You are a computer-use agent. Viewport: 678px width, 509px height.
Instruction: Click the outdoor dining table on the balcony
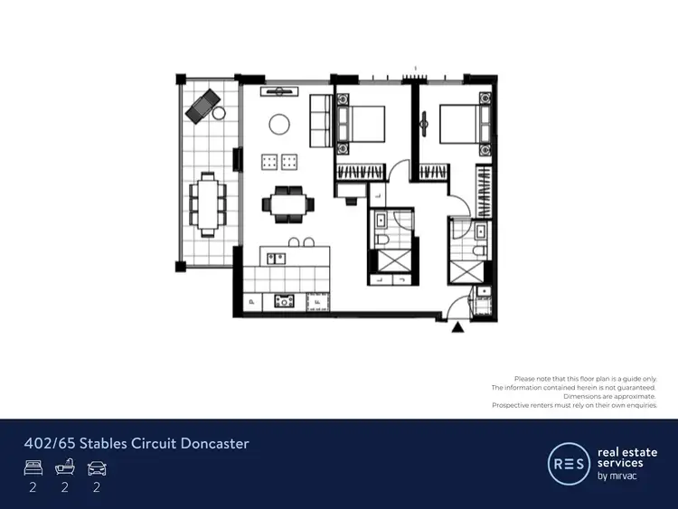tap(208, 203)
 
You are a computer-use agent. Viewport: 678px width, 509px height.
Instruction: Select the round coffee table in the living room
tap(280, 124)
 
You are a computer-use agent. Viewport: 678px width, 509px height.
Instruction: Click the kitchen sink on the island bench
tap(278, 258)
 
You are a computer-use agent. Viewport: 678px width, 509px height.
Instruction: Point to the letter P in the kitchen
tap(250, 302)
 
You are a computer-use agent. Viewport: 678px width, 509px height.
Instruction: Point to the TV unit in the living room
tap(279, 91)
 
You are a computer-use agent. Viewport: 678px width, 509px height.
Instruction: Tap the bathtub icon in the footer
tap(63, 467)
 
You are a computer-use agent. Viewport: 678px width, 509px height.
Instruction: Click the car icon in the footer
tap(95, 467)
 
